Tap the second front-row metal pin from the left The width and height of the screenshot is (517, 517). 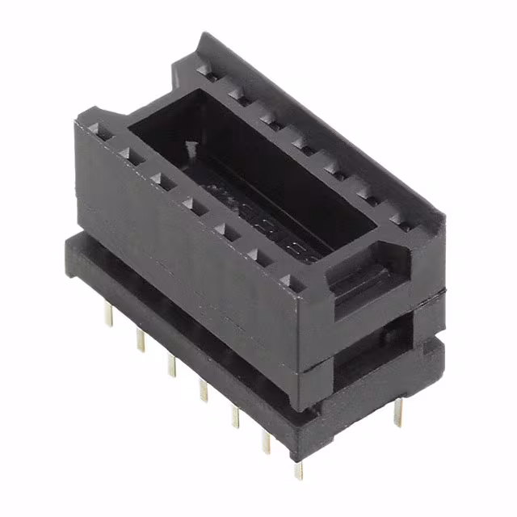(140, 339)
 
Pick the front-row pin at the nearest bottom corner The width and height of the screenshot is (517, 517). (298, 468)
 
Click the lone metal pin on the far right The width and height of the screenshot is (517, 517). (397, 412)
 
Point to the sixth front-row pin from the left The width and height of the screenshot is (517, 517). (266, 440)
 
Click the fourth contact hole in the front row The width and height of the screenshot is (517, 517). (191, 204)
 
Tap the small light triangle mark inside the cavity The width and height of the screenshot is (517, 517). (191, 148)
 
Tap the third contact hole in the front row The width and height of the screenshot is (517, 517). (160, 179)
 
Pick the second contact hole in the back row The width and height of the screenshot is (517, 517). (236, 95)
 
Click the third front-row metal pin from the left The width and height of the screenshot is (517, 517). (171, 364)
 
